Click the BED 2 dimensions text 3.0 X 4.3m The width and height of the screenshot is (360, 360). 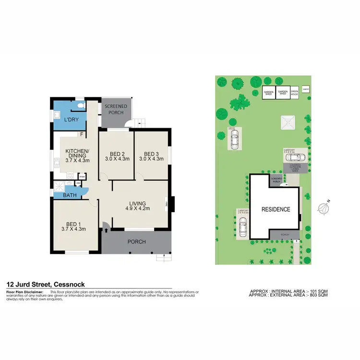click(x=117, y=159)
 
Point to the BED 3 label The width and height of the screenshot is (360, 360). click(x=151, y=154)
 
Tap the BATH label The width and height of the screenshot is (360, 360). click(x=63, y=195)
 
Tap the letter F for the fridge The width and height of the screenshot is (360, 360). click(x=82, y=135)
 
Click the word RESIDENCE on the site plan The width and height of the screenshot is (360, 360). click(x=275, y=209)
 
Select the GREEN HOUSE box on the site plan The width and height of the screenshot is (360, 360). click(x=294, y=92)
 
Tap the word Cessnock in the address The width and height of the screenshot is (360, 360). click(x=70, y=284)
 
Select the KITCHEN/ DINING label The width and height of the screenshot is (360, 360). click(x=77, y=153)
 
